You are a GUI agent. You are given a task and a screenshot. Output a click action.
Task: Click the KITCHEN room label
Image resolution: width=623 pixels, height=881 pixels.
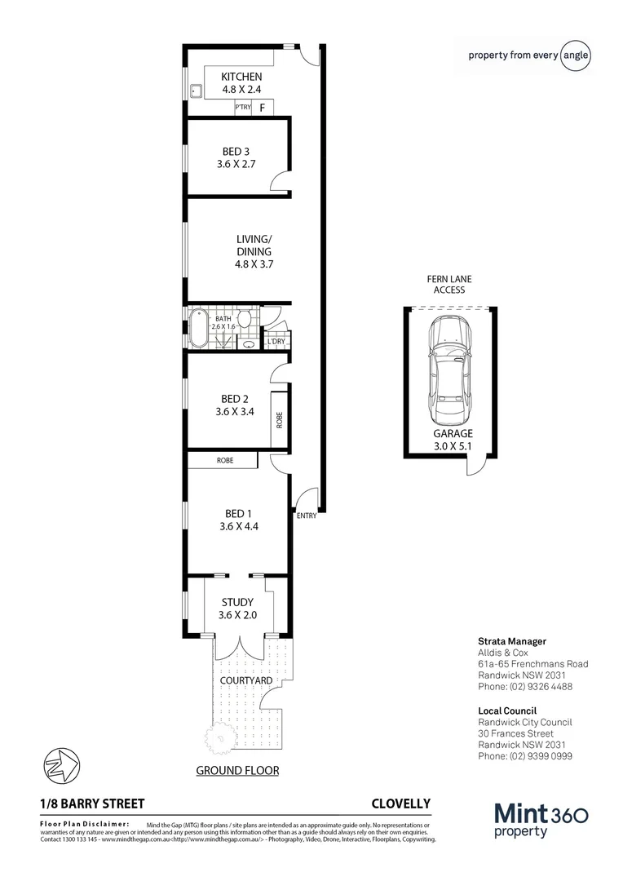[x=242, y=77]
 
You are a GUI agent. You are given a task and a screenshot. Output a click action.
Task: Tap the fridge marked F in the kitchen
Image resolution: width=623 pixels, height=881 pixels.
[x=263, y=108]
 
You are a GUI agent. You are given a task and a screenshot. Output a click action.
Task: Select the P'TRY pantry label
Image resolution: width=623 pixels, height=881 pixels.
[x=242, y=108]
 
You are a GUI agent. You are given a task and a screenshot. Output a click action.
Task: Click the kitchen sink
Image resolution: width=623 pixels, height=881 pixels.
[x=197, y=91]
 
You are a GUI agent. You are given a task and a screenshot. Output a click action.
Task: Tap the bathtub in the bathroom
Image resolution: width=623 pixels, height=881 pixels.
[x=198, y=329]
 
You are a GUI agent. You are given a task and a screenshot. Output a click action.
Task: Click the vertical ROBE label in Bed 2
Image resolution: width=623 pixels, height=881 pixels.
[x=280, y=420]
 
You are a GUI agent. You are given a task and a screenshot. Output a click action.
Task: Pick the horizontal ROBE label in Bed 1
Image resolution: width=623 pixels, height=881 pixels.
[x=225, y=461]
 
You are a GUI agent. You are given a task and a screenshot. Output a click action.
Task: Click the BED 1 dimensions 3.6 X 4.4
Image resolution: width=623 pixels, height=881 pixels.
[x=238, y=527]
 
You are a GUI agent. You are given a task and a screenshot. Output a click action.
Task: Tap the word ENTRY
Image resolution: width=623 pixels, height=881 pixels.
[x=307, y=516]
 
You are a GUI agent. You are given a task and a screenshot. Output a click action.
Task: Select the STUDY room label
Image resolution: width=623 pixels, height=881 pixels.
[x=238, y=603]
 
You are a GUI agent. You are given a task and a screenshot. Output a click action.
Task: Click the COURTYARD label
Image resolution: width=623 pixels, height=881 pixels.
[x=245, y=680]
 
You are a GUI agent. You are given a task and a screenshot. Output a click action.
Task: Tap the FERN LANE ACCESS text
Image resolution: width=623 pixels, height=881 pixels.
[x=448, y=284]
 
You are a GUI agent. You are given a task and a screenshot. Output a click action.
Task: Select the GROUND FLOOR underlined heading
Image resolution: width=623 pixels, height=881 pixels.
[x=238, y=770]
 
